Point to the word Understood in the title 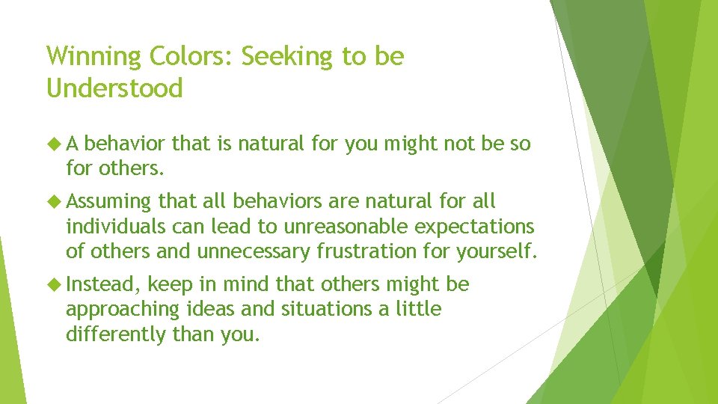point(114,89)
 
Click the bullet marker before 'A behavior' point(54,143)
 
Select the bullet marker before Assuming point(54,201)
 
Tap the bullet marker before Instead point(54,285)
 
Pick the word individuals point(114,227)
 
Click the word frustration point(373,251)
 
